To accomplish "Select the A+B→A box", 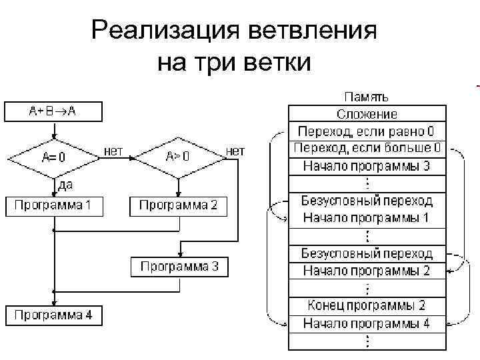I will (x=53, y=111).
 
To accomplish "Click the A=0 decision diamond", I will (x=53, y=158).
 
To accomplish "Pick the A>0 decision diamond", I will (x=178, y=158).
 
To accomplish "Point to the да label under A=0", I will (x=65, y=183).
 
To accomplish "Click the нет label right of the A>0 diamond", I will (x=235, y=151).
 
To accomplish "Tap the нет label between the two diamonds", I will (x=113, y=151).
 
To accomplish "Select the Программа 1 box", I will (x=54, y=205).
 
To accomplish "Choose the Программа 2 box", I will (x=178, y=205).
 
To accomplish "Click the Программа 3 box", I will (x=179, y=267).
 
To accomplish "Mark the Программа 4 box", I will (x=54, y=315).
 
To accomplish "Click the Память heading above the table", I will (x=367, y=98).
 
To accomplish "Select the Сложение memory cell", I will (x=367, y=115).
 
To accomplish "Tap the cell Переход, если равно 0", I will (x=367, y=131).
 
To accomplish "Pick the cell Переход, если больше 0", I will (x=367, y=147).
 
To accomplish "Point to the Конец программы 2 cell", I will (x=367, y=306).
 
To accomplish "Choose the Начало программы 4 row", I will (x=367, y=324).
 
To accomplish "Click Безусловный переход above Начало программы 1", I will (x=367, y=200).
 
